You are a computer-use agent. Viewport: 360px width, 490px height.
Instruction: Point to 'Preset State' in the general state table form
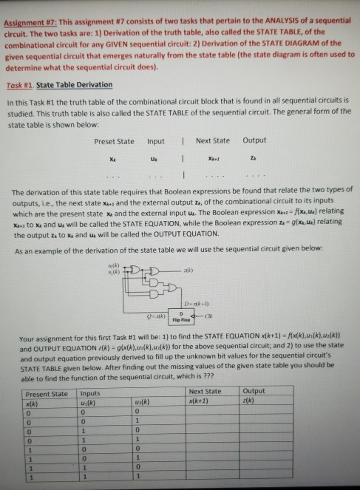115,140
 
